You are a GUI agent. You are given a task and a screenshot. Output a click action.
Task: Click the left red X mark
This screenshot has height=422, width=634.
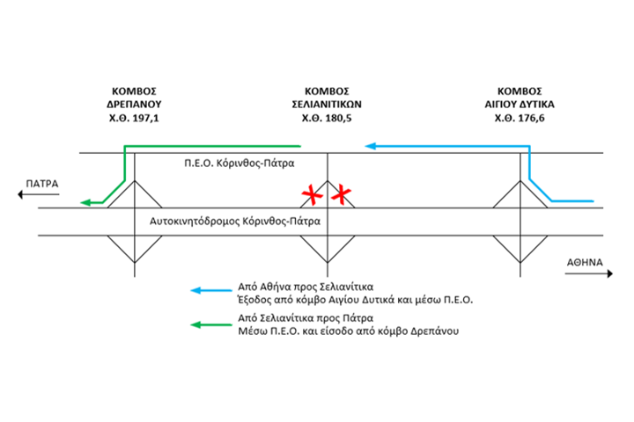pos(311,193)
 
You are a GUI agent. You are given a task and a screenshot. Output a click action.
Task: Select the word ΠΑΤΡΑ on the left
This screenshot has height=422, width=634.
pos(41,184)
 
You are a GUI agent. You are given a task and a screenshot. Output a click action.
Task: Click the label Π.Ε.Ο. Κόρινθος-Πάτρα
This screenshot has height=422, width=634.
pos(240,164)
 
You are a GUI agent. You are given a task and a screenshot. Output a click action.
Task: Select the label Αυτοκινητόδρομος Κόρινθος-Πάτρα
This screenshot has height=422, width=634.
pos(240,221)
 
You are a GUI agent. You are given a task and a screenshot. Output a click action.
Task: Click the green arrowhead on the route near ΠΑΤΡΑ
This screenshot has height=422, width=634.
pos(86,203)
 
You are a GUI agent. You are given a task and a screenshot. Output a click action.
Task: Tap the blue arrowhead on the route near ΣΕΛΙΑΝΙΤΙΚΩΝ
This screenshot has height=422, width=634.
pos(372,145)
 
